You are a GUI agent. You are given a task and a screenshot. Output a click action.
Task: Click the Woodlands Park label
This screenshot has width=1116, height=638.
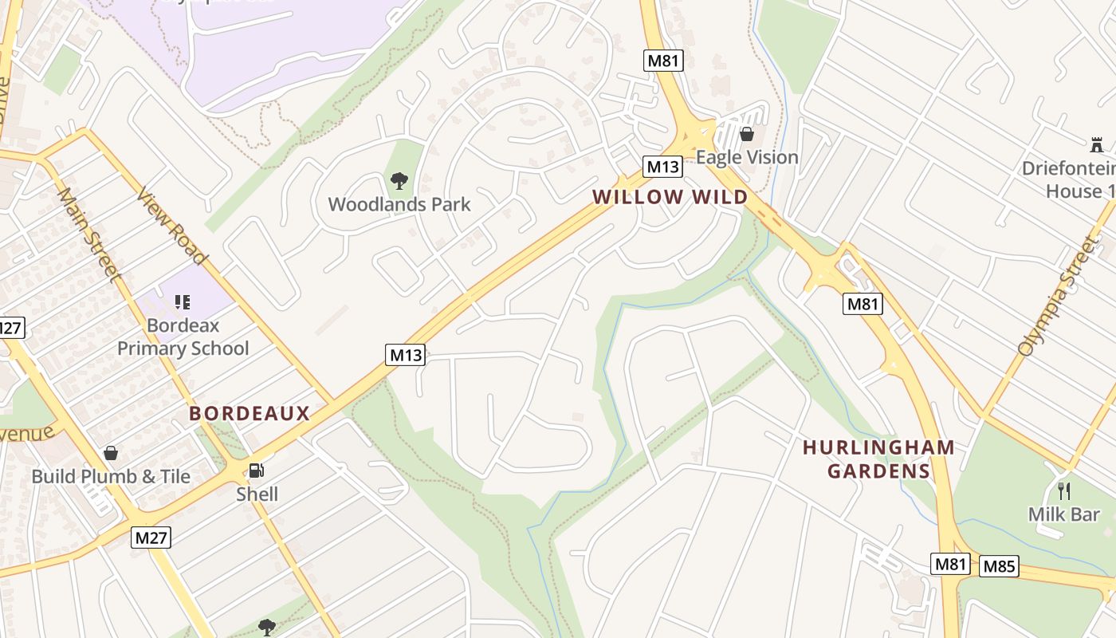[x=399, y=204]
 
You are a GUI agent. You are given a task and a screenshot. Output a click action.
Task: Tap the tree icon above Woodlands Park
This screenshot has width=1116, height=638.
[x=399, y=181]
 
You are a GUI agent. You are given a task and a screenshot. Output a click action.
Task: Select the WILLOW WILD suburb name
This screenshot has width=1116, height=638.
[x=670, y=197]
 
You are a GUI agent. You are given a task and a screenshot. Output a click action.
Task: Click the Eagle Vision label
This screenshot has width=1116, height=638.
[x=747, y=157]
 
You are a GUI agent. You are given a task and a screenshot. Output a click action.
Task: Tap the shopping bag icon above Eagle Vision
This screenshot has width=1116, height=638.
[x=747, y=134]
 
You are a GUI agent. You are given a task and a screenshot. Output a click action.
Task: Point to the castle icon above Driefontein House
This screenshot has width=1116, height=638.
[x=1097, y=145]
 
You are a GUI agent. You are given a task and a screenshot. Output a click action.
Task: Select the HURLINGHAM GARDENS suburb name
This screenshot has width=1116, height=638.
[x=878, y=459]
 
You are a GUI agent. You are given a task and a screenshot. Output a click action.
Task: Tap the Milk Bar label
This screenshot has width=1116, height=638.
[x=1063, y=514]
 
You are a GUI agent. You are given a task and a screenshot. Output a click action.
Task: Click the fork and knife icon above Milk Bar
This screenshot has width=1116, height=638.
[x=1063, y=490]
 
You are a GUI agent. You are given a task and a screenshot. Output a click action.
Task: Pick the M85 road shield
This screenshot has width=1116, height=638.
[x=999, y=566]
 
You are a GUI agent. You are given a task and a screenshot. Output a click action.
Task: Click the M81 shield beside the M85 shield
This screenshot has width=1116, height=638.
[x=950, y=565]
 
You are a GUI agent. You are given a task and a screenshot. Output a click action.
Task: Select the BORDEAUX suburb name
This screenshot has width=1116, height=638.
[x=249, y=413]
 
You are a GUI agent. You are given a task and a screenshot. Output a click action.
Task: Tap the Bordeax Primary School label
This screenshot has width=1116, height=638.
[x=183, y=337]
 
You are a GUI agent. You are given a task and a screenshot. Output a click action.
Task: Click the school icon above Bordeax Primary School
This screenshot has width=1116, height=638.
[x=183, y=301]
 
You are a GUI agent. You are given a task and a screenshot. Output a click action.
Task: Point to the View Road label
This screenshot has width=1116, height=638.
[x=171, y=226]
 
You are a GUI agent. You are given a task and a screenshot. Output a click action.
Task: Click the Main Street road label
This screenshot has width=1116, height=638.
[x=88, y=234]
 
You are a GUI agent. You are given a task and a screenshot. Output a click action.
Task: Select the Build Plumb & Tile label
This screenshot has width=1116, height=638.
[x=111, y=476]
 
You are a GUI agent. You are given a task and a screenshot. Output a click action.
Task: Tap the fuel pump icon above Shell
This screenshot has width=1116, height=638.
[x=256, y=471]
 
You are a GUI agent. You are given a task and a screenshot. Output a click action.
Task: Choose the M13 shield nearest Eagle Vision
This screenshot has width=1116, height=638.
[x=663, y=167]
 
